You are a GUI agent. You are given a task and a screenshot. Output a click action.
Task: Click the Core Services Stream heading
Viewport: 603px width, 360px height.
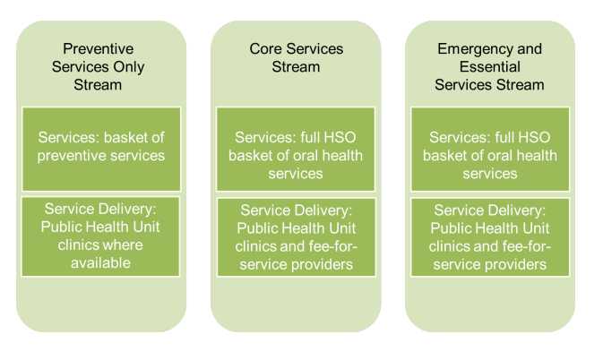point(295,58)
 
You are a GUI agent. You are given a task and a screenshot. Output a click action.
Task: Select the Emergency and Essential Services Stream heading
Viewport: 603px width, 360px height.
point(489,67)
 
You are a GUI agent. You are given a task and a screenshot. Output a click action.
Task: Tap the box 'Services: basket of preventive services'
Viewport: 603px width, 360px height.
point(100,146)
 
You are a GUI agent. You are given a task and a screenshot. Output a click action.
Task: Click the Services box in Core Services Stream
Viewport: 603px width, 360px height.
point(295,155)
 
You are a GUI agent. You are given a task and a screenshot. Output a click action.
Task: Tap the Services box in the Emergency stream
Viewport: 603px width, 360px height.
point(489,155)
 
